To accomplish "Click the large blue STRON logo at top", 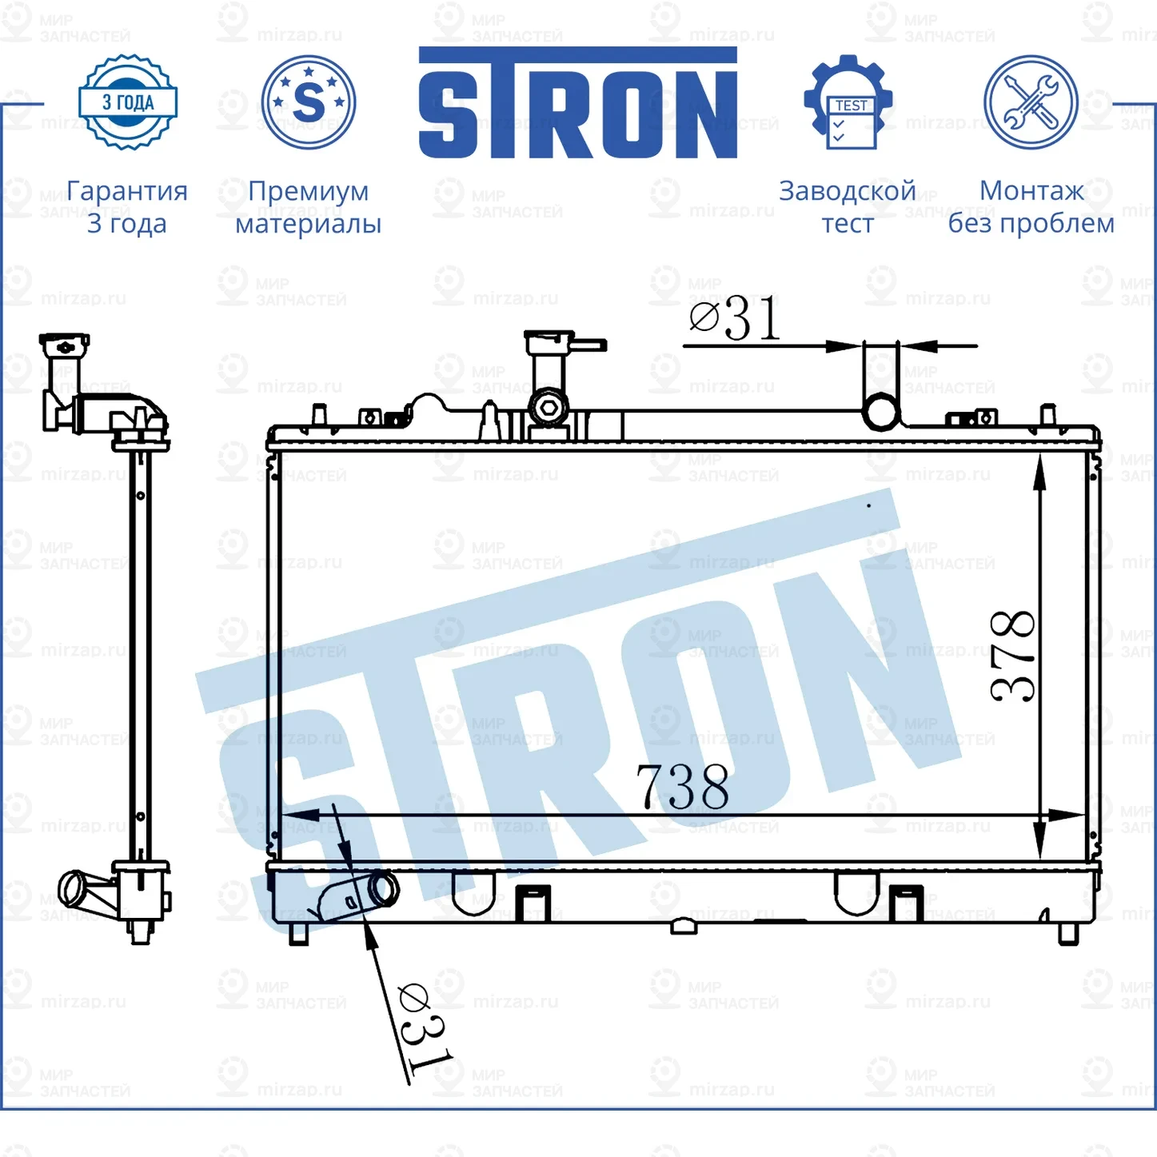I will (577, 103).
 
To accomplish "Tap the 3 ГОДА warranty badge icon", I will (128, 102).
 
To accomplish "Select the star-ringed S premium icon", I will (309, 102).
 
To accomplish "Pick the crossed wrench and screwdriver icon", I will (1031, 102).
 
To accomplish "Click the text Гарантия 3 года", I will (127, 207).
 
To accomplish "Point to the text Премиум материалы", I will (308, 207).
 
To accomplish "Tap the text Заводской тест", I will (848, 207).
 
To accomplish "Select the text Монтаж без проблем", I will (1031, 207).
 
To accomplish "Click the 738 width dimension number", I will (682, 787).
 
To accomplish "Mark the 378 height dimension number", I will (1013, 656).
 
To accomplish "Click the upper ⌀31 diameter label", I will (735, 319).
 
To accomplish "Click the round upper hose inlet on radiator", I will (881, 412).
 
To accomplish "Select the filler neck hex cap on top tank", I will (549, 407).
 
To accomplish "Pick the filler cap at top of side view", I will (64, 346).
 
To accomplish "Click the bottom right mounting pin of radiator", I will (1068, 933).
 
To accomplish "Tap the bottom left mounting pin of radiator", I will (298, 934).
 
